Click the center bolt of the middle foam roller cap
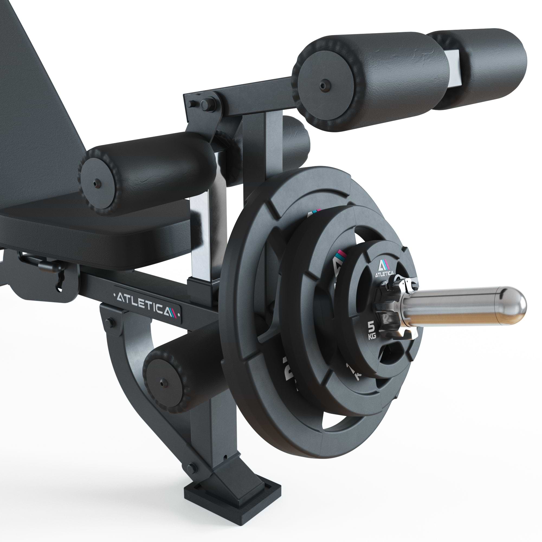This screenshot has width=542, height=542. [97, 184]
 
